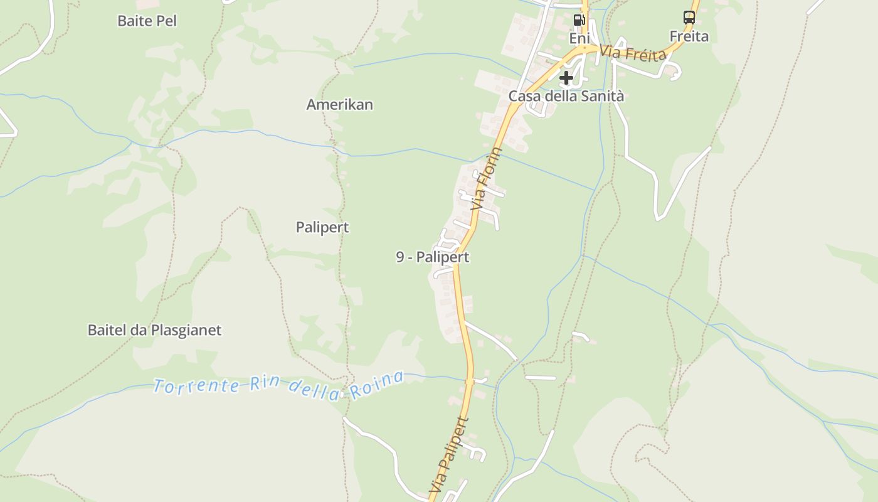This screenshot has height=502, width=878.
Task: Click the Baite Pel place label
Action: click(147, 21)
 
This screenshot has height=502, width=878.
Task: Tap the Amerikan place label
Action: click(339, 105)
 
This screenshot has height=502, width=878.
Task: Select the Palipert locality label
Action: click(322, 227)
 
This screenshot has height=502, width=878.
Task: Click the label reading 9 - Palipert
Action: click(432, 257)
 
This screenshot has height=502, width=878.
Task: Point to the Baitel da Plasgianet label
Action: click(154, 330)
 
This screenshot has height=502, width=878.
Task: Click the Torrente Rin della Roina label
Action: click(278, 384)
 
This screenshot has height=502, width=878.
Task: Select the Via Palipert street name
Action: click(449, 454)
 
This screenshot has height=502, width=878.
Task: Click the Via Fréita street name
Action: click(633, 53)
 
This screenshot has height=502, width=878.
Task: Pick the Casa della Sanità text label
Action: click(566, 96)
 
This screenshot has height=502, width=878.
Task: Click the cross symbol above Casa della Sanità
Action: click(566, 78)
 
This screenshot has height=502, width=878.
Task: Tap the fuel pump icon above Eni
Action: click(579, 19)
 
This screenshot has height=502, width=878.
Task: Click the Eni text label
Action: click(579, 38)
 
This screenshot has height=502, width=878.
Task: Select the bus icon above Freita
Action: click(689, 18)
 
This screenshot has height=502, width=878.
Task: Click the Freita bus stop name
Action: click(689, 36)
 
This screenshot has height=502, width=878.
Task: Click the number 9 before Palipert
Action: click(400, 257)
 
